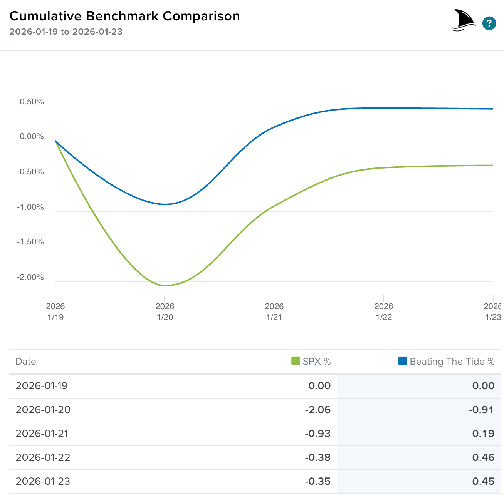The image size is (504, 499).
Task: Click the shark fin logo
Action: pyautogui.click(x=464, y=20)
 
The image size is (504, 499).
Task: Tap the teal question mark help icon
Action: pyautogui.click(x=489, y=23)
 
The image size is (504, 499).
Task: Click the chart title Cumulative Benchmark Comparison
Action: pyautogui.click(x=124, y=16)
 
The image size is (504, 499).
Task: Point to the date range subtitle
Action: pyautogui.click(x=66, y=32)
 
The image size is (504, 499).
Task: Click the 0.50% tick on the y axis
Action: pyautogui.click(x=32, y=102)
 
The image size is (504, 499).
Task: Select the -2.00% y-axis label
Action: pyautogui.click(x=30, y=277)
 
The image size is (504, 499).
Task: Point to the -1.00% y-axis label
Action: pyautogui.click(x=30, y=207)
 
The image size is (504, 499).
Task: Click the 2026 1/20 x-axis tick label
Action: pyautogui.click(x=165, y=311)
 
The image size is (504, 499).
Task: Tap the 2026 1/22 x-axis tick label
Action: pyautogui.click(x=383, y=311)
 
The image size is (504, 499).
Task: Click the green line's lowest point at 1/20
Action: pyautogui.click(x=165, y=285)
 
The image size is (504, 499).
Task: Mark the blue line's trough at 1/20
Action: pyautogui.click(x=165, y=204)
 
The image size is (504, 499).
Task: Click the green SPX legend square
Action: pyautogui.click(x=296, y=361)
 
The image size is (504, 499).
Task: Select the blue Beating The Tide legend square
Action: pyautogui.click(x=403, y=361)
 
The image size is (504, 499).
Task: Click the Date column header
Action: pyautogui.click(x=26, y=362)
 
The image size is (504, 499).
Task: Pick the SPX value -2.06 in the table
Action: pyautogui.click(x=318, y=410)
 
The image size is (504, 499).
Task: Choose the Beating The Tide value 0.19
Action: pyautogui.click(x=483, y=434)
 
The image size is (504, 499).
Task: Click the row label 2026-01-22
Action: pyautogui.click(x=43, y=457)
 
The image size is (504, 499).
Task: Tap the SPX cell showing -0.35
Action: pyautogui.click(x=318, y=481)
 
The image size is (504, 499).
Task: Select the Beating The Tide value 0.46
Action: pyautogui.click(x=483, y=457)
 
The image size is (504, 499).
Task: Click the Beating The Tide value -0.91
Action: pyautogui.click(x=481, y=410)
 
